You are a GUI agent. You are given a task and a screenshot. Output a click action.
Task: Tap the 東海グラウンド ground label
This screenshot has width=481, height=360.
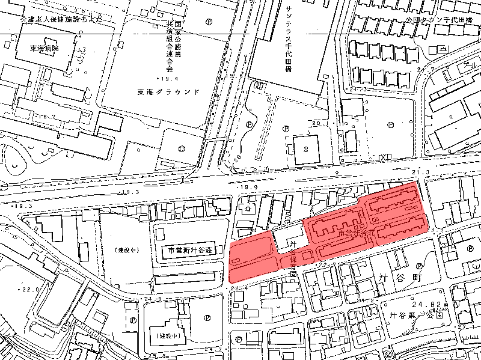[168, 92]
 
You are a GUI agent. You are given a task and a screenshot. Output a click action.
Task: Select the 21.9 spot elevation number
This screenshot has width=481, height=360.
[152, 299]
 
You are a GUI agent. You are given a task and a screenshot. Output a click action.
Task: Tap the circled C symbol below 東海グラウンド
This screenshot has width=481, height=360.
[182, 147]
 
